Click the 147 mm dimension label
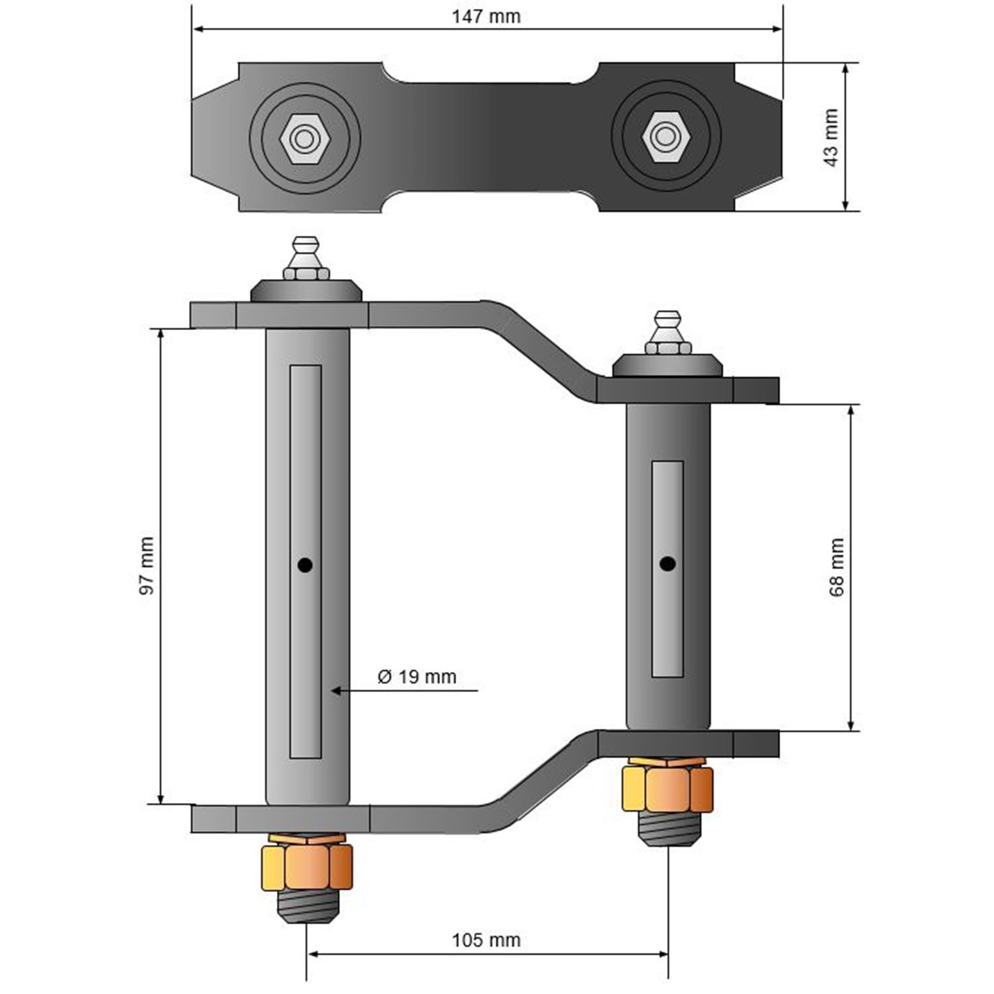(486, 17)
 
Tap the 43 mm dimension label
(831, 137)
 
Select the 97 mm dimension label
(146, 565)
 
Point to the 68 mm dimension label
(837, 567)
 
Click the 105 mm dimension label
(486, 940)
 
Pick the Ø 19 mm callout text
(417, 677)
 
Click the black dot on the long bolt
(305, 565)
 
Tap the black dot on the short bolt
(667, 564)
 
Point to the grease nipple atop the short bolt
(667, 333)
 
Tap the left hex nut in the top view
(304, 138)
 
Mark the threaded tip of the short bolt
(668, 829)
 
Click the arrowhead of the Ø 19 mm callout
(336, 690)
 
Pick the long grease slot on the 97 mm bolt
(305, 561)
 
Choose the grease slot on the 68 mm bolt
(667, 569)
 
